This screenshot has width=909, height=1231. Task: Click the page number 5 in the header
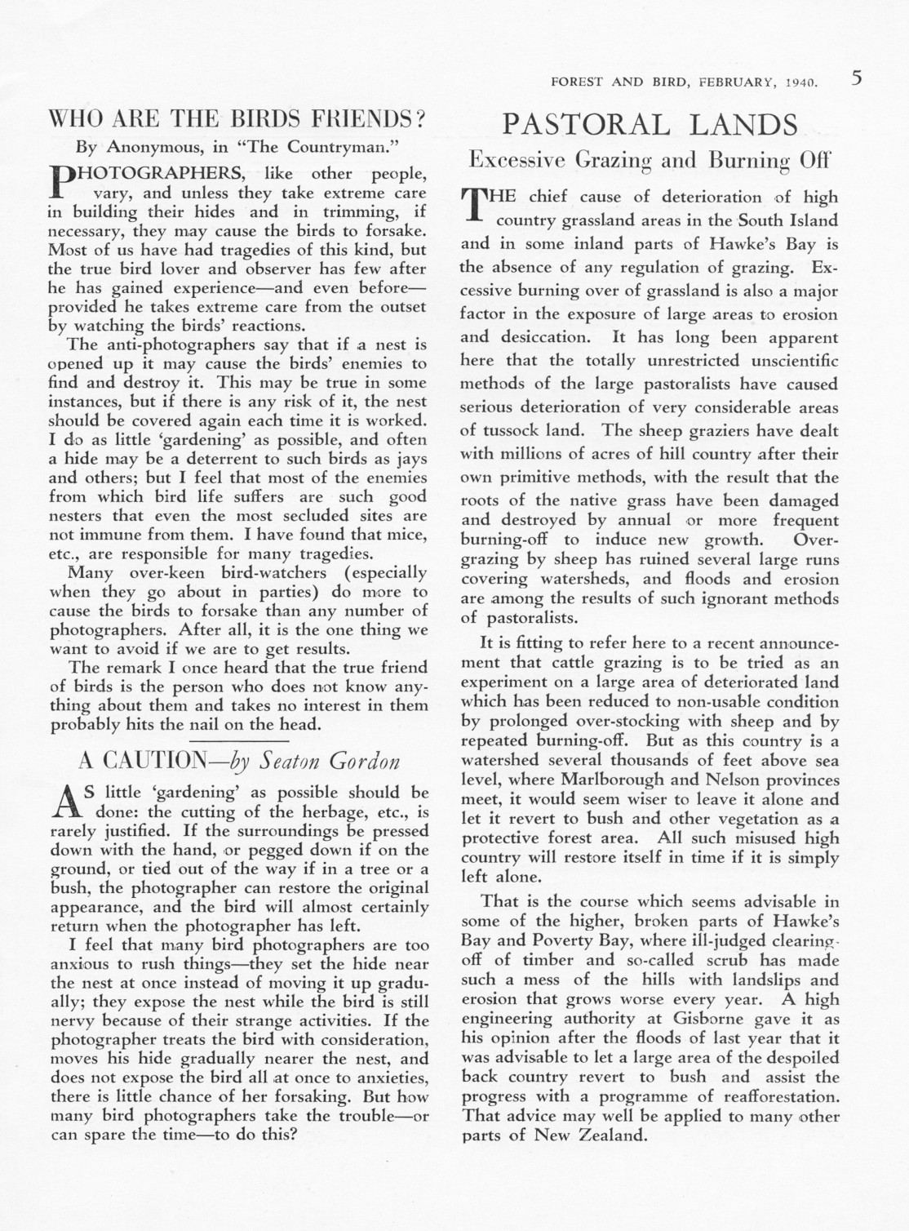856,78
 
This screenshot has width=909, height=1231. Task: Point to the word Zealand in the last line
610,1135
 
